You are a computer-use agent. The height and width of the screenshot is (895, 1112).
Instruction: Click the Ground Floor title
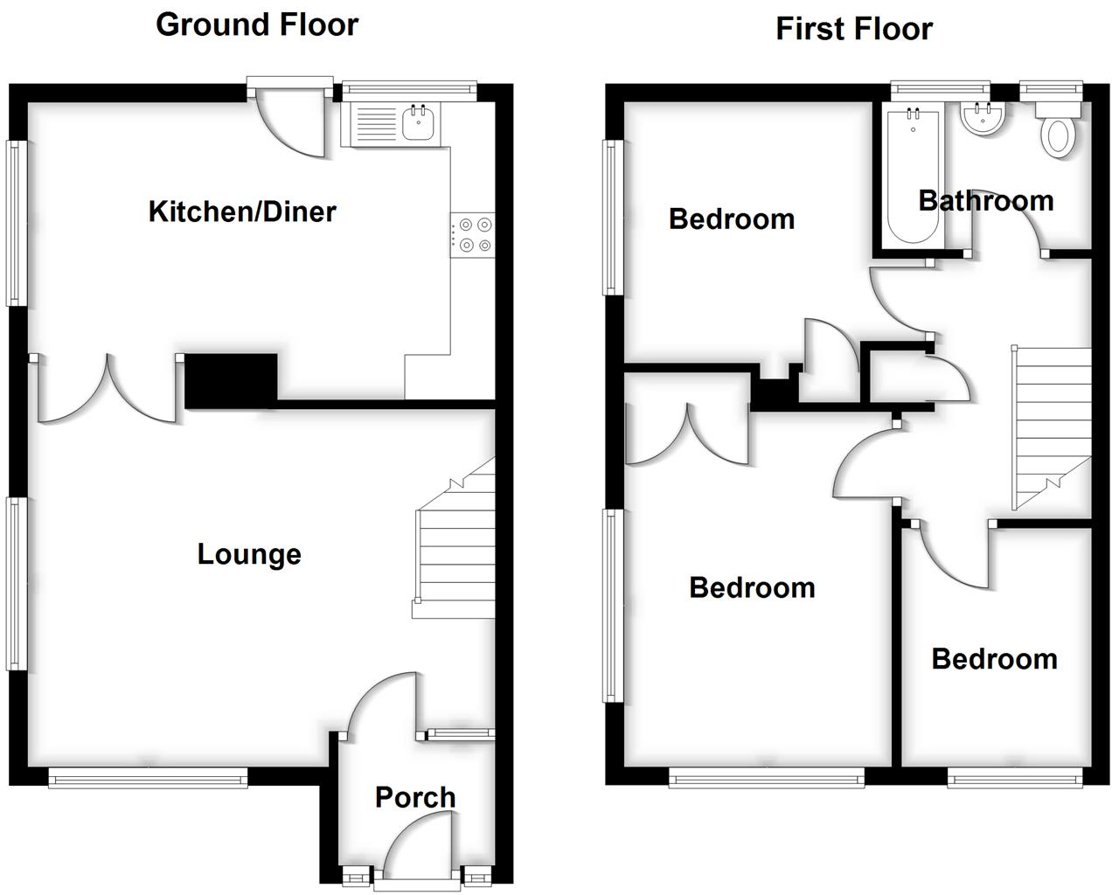pos(257,24)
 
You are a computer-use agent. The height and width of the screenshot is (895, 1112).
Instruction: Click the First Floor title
pos(854,29)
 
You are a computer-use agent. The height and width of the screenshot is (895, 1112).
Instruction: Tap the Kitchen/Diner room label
pos(242,212)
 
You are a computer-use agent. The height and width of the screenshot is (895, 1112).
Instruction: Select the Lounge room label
pos(249,554)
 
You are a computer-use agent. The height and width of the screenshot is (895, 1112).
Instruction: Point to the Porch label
pos(415,797)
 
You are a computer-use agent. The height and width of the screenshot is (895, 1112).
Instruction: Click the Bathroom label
pos(985,201)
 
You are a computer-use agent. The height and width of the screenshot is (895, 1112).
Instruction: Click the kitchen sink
pos(419,123)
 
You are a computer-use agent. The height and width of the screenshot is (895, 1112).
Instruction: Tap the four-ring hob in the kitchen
pos(474,234)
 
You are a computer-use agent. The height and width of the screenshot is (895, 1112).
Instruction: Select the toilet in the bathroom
pos(1059,135)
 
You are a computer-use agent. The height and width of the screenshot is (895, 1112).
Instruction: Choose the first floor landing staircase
pos(1051,427)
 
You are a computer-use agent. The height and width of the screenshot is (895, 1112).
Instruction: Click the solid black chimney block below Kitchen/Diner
pos(232,379)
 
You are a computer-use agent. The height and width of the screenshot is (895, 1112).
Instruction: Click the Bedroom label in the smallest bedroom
pos(994,659)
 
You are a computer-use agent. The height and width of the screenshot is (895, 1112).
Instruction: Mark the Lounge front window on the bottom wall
pos(148,777)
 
